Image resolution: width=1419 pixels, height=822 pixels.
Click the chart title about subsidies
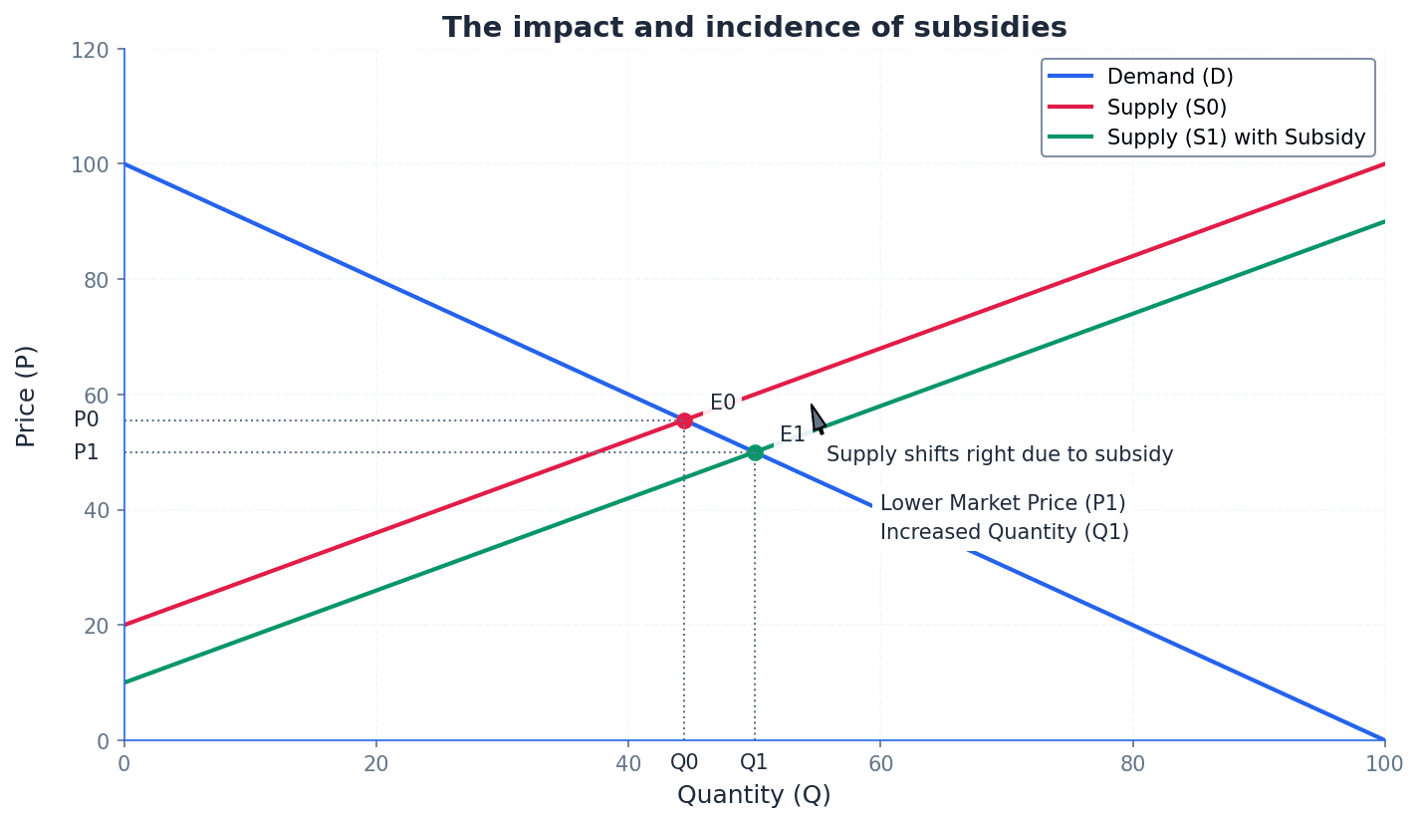(x=754, y=28)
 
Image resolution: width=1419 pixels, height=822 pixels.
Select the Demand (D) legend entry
(x=1169, y=77)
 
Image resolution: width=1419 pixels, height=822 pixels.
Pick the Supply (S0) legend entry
(x=1166, y=108)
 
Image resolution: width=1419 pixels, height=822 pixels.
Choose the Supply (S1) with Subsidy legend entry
(x=1235, y=137)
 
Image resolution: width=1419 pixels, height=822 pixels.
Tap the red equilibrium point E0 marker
(x=684, y=420)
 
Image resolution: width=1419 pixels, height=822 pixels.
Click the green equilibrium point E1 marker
(x=755, y=452)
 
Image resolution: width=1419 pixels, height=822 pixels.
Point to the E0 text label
(x=722, y=403)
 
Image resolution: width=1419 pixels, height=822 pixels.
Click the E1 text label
(x=792, y=434)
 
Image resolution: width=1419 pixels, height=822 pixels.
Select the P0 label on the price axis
(x=87, y=420)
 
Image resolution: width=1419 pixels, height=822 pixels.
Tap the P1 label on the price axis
(x=87, y=452)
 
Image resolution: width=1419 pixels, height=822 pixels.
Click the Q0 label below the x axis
(x=684, y=762)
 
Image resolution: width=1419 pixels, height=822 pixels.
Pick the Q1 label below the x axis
(x=754, y=762)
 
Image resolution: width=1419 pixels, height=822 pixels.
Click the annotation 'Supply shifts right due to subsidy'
(x=999, y=455)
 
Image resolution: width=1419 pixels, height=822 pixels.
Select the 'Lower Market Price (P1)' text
(x=1002, y=503)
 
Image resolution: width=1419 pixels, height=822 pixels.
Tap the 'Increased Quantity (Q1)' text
(x=1004, y=532)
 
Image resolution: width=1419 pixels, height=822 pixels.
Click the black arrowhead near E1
(x=818, y=418)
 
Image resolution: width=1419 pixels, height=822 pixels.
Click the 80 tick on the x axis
(x=1132, y=764)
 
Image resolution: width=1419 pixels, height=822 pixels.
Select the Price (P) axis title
(x=27, y=396)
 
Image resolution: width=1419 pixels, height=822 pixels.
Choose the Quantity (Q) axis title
(x=754, y=795)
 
